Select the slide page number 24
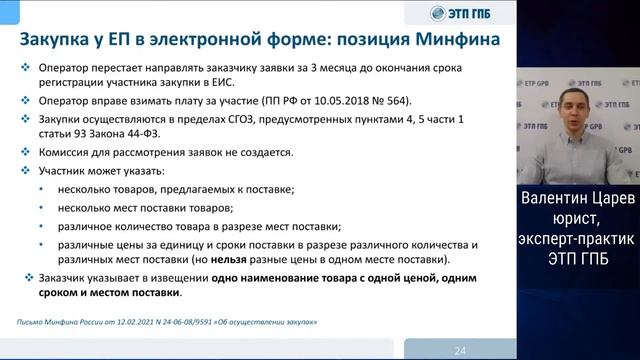coord(460,350)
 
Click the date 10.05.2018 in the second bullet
coord(298,101)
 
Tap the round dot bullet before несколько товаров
coord(42,189)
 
